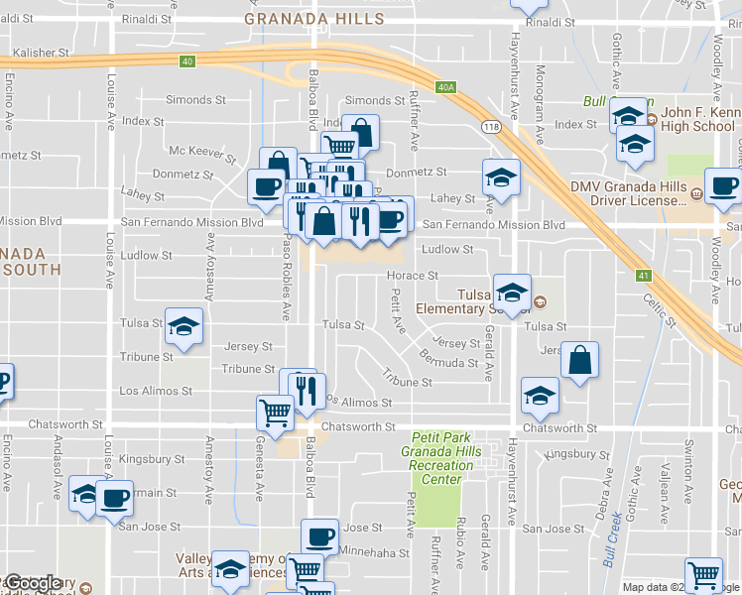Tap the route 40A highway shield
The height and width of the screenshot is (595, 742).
[446, 87]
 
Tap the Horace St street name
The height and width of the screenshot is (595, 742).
[413, 276]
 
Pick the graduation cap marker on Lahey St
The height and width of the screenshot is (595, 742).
[501, 178]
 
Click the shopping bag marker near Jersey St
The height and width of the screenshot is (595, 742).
[579, 360]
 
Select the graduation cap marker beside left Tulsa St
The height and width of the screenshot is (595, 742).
[184, 325]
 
